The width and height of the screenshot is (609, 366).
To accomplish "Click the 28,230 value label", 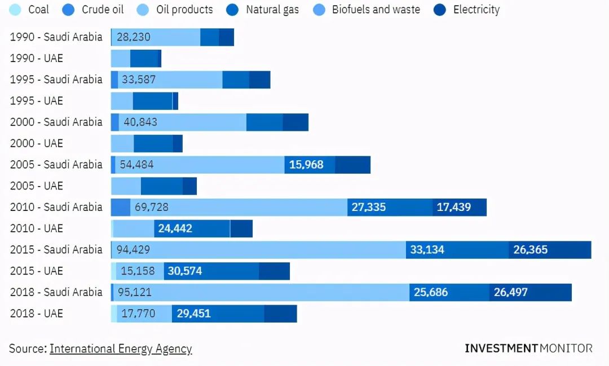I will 134,37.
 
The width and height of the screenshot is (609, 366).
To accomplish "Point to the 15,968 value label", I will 306,165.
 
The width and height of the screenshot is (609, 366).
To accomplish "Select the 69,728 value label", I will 151,207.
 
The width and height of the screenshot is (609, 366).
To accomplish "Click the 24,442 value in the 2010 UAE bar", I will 175,228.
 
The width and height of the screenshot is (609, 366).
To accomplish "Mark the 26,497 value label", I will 511,292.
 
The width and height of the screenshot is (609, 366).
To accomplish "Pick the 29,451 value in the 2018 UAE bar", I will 193,314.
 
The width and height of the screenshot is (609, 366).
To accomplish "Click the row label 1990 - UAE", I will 37,58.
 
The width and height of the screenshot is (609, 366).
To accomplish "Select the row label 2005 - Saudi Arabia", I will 56,165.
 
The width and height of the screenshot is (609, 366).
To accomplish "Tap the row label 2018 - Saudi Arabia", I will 56,292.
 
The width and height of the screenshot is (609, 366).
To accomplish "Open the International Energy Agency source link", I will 121,349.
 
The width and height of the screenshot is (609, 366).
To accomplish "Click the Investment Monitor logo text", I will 528,348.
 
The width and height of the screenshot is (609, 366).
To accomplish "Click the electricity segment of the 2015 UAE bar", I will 274,271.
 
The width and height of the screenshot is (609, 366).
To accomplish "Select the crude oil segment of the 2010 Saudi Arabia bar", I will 120,207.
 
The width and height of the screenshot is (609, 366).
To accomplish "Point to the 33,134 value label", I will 427,250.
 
